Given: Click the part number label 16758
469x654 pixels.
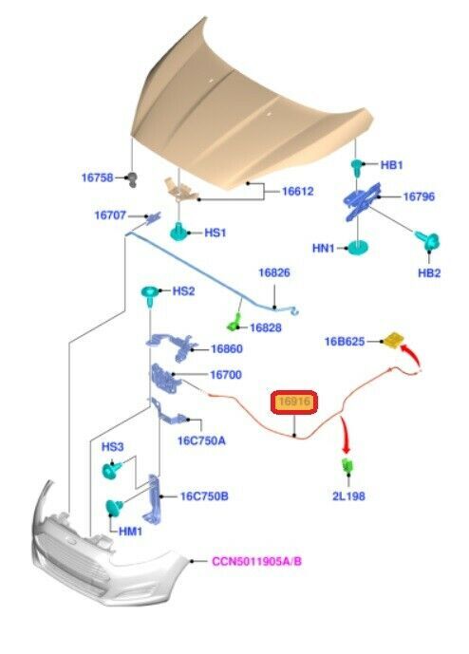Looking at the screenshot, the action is pos(97,178).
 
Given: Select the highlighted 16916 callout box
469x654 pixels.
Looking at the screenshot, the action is pos(294,402).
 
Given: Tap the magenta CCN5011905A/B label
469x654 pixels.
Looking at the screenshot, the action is pos(256,561).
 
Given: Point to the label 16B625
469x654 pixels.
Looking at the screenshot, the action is pos(345,342).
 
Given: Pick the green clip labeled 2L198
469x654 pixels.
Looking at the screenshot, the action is pos(347,466).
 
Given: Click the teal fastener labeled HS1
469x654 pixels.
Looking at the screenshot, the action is pos(180,232).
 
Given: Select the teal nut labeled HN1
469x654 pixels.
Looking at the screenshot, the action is pos(358,247).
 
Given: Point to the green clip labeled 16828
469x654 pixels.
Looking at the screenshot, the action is pos(234,324).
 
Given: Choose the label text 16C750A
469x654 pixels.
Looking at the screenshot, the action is pos(201,440).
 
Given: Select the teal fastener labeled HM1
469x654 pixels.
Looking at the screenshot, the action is pos(114,507).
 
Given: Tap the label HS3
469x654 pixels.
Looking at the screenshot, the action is pos(113,447).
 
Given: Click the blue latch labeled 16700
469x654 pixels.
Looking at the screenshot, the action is pos(165,379).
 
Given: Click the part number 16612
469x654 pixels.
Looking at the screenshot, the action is pos(298,191).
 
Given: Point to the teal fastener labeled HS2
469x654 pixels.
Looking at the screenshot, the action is pos(150,292).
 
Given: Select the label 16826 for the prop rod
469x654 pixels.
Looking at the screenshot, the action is pos(274,272).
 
